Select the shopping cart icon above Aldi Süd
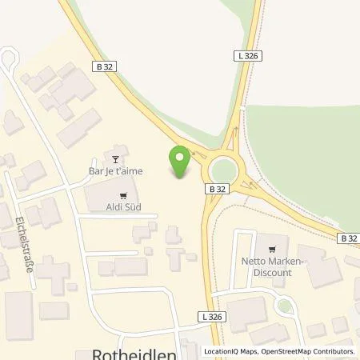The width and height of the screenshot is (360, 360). (x=122, y=194)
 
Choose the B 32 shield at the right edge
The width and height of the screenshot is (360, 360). (x=347, y=238)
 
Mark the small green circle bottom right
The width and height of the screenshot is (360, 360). (x=286, y=304)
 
